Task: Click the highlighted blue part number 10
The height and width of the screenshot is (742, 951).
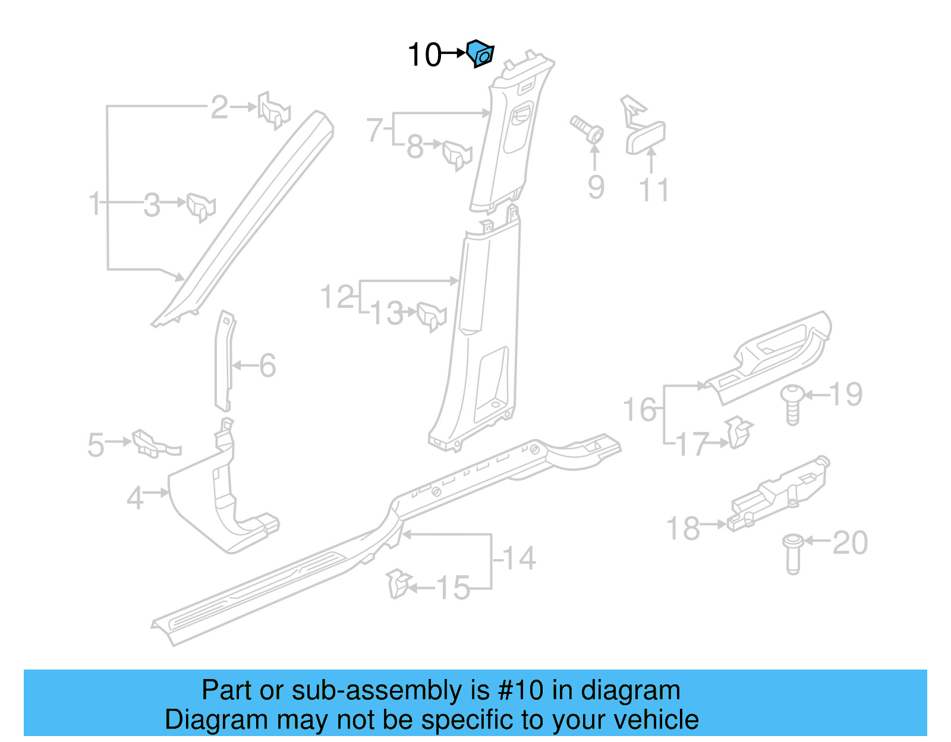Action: (480, 53)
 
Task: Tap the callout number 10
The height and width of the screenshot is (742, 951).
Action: (424, 55)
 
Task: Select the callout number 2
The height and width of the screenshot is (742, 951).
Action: (219, 108)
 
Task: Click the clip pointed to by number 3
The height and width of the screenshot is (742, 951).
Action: (200, 206)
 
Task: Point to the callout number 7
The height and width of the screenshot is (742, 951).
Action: (374, 130)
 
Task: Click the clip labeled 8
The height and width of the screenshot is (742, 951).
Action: (457, 154)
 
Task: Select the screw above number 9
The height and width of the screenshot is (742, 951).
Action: (587, 130)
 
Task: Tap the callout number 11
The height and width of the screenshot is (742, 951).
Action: (654, 190)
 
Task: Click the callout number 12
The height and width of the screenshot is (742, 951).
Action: (337, 296)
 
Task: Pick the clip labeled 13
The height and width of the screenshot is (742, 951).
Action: (431, 316)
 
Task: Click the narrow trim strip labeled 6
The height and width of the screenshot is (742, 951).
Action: (225, 361)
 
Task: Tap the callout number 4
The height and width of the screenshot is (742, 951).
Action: (135, 498)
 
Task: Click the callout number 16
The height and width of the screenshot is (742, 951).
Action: (640, 410)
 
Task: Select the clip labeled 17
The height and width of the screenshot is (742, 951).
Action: (738, 432)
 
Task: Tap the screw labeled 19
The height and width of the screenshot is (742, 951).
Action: (792, 403)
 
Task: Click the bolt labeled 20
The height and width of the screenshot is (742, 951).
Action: (792, 553)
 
